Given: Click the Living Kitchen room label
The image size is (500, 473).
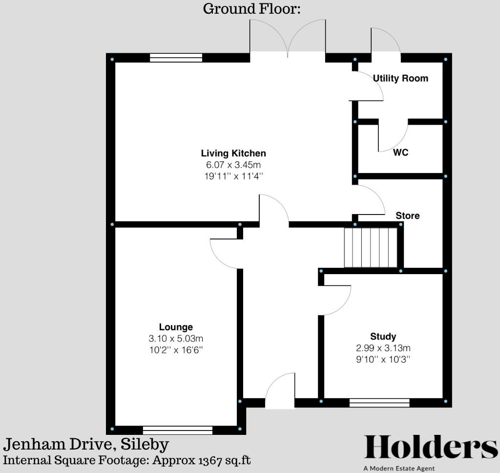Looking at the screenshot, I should (x=234, y=153).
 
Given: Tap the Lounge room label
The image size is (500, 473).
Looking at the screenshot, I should (x=176, y=327).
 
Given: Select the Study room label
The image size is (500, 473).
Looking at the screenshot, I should (x=383, y=336).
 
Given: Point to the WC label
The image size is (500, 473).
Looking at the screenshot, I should (x=401, y=152).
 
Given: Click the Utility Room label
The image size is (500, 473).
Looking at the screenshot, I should (x=400, y=78).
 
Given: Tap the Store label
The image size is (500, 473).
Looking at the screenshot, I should (x=407, y=215).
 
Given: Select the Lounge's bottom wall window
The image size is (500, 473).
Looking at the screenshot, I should (x=178, y=430).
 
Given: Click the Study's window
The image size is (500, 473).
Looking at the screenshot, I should (x=379, y=403).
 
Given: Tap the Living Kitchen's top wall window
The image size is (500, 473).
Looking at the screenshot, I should (x=176, y=58).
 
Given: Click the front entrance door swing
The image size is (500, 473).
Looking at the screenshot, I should (x=280, y=390).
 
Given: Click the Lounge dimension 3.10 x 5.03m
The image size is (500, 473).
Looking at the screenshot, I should (x=176, y=339).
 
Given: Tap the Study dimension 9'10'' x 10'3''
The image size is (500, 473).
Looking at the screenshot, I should (x=383, y=359).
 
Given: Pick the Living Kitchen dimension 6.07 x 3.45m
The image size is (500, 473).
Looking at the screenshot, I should (x=234, y=165).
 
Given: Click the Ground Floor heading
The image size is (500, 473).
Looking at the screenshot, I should (x=251, y=9).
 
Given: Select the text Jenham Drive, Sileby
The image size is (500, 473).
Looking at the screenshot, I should (x=86, y=445).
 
